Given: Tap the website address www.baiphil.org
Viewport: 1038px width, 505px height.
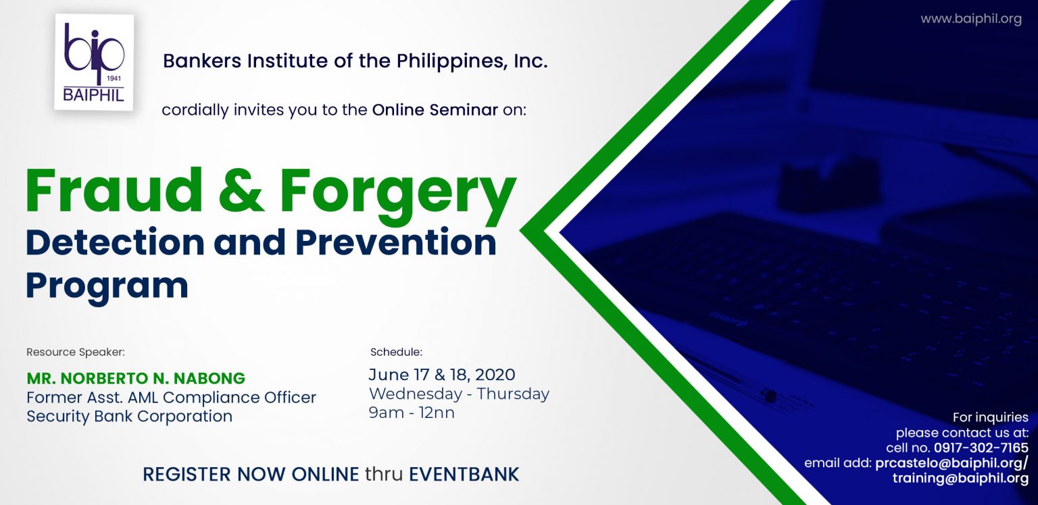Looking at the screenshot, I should (x=970, y=19).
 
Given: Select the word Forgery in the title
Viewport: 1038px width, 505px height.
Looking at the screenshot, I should (x=398, y=192).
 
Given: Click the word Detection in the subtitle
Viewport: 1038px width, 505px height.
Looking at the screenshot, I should (x=115, y=242).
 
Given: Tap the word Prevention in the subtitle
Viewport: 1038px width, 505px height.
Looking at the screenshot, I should (x=396, y=242).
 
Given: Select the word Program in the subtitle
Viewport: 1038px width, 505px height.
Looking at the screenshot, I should (x=107, y=285).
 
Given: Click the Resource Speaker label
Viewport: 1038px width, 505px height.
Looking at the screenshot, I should (x=76, y=352).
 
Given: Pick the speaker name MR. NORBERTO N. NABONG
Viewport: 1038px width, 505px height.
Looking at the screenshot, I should (x=136, y=378).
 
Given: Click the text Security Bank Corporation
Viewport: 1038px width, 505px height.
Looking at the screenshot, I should (x=129, y=416).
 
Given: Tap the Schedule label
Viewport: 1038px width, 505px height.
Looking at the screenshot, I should (x=396, y=352).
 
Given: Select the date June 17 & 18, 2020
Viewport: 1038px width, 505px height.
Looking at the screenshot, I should (x=442, y=375).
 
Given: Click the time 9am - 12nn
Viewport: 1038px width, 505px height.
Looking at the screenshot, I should (x=412, y=413).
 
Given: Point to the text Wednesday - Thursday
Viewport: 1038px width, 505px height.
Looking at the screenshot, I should (x=459, y=394).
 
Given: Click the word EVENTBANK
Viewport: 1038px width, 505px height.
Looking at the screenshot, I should (x=464, y=474).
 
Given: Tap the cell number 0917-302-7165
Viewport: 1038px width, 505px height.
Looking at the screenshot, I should (x=981, y=448).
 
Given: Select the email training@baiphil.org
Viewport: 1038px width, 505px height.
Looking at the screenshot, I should (x=960, y=478).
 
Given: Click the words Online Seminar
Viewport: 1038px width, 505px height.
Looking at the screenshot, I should (x=435, y=110).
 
